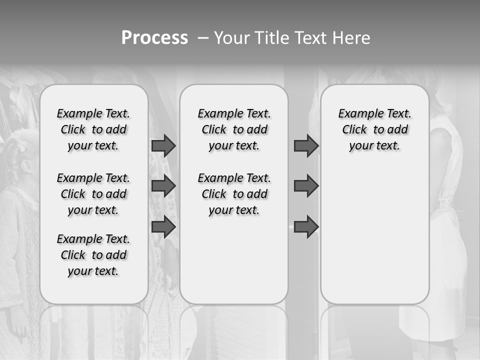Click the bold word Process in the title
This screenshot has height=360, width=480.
pyautogui.click(x=154, y=37)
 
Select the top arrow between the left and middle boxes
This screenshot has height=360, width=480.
pyautogui.click(x=163, y=145)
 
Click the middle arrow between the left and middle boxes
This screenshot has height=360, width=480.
pyautogui.click(x=163, y=186)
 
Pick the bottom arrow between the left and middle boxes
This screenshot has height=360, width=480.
pyautogui.click(x=163, y=227)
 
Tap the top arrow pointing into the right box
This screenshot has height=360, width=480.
pyautogui.click(x=306, y=145)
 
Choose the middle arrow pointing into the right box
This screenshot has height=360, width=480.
pyautogui.click(x=306, y=186)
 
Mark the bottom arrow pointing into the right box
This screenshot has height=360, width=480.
pyautogui.click(x=306, y=227)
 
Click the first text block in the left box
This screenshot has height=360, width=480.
pyautogui.click(x=93, y=129)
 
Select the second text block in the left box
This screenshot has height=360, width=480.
pyautogui.click(x=93, y=194)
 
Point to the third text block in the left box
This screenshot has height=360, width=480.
pyautogui.click(x=93, y=255)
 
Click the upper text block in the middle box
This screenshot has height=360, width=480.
pyautogui.click(x=234, y=129)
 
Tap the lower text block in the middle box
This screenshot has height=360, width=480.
pyautogui.click(x=234, y=194)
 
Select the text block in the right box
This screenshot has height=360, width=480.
pyautogui.click(x=374, y=129)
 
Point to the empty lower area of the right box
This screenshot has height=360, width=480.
pyautogui.click(x=374, y=235)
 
